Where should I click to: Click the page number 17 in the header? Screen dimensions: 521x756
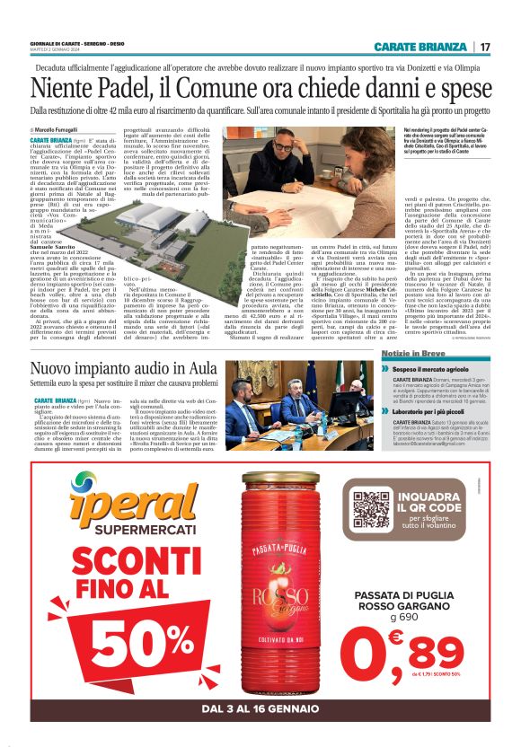tap(485, 46)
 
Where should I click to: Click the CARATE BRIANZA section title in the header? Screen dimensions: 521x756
tap(420, 46)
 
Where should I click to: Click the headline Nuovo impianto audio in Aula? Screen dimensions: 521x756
tap(126, 369)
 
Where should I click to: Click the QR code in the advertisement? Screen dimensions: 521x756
tap(371, 509)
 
